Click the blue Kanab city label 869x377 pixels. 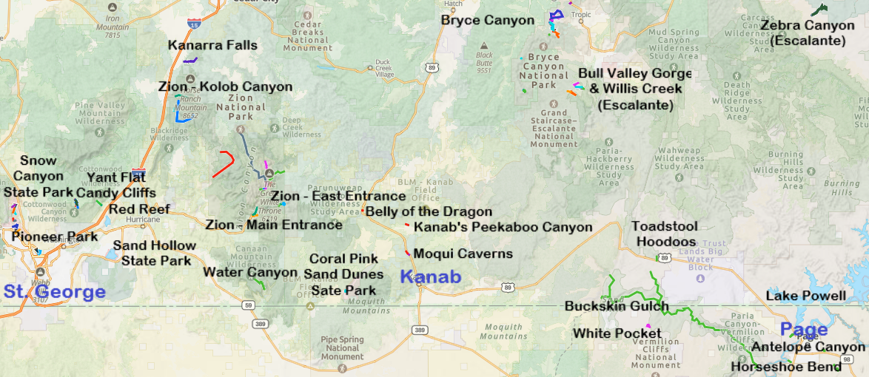[x=430, y=278]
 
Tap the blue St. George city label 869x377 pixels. [x=54, y=291]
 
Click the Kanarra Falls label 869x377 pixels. [x=212, y=45]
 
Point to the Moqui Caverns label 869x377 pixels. [x=463, y=254]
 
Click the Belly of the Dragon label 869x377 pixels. [x=429, y=212]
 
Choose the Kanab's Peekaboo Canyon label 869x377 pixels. [x=503, y=227]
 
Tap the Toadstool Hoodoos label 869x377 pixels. [x=663, y=234]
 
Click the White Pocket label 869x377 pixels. [x=606, y=333]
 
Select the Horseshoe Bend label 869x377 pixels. [x=785, y=367]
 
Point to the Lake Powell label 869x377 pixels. [x=805, y=296]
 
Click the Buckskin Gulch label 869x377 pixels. [x=616, y=306]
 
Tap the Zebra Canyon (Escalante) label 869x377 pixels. [x=807, y=33]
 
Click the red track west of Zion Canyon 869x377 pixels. [x=224, y=163]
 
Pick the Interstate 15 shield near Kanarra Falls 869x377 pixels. [x=194, y=24]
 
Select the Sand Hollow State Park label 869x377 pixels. [x=155, y=253]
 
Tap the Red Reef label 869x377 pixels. [x=140, y=209]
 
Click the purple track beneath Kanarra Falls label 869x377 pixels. [x=190, y=60]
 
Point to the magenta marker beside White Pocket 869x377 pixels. [x=648, y=326]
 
